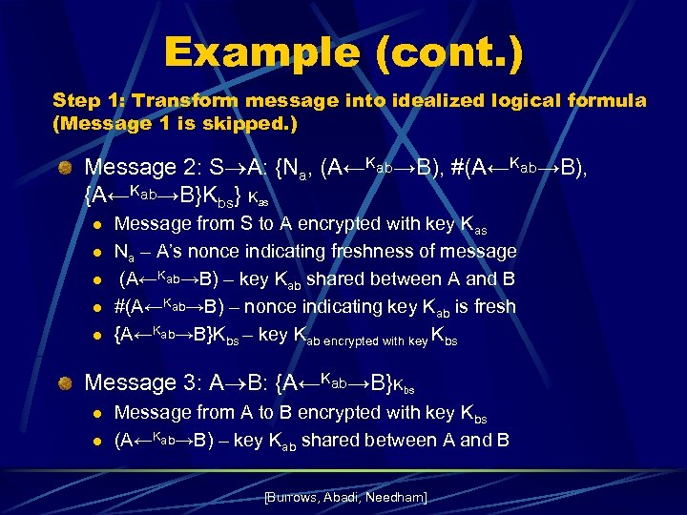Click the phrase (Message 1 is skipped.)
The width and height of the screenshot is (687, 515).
pos(176,123)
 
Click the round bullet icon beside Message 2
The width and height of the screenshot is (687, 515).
pos(64,169)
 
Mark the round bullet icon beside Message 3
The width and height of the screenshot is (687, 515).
pos(64,383)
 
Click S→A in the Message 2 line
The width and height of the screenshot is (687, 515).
pos(229,168)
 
